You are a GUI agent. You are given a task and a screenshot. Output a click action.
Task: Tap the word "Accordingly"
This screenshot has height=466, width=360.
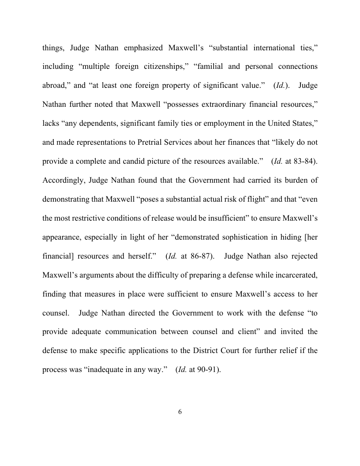click(63, 180)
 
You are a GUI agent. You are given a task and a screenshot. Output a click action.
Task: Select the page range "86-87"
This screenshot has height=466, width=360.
click(201, 256)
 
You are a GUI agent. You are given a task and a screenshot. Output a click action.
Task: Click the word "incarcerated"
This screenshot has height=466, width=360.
click(295, 275)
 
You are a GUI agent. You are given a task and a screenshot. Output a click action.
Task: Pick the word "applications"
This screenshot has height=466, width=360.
click(169, 351)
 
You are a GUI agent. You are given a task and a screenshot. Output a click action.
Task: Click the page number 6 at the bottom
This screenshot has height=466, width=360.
click(180, 412)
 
